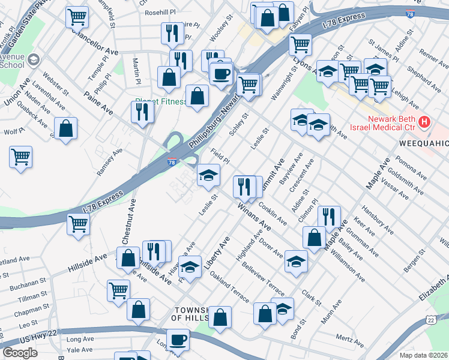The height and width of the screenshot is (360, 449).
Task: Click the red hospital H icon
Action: pyautogui.click(x=425, y=122)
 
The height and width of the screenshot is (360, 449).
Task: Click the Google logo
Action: pyautogui.click(x=20, y=353)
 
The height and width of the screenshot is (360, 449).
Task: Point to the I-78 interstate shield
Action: pyautogui.click(x=172, y=162)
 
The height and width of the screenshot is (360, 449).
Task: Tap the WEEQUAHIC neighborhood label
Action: pyautogui.click(x=424, y=144)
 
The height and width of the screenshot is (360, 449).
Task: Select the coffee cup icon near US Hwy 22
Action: pyautogui.click(x=178, y=341)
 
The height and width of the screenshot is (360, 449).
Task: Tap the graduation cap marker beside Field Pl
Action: pyautogui.click(x=208, y=175)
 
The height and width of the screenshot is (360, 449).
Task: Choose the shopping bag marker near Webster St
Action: pyautogui.click(x=65, y=128)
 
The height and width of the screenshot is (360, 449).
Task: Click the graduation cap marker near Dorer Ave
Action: pyautogui.click(x=296, y=261)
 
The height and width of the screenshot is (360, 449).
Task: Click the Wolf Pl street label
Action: pyautogui.click(x=14, y=130)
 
